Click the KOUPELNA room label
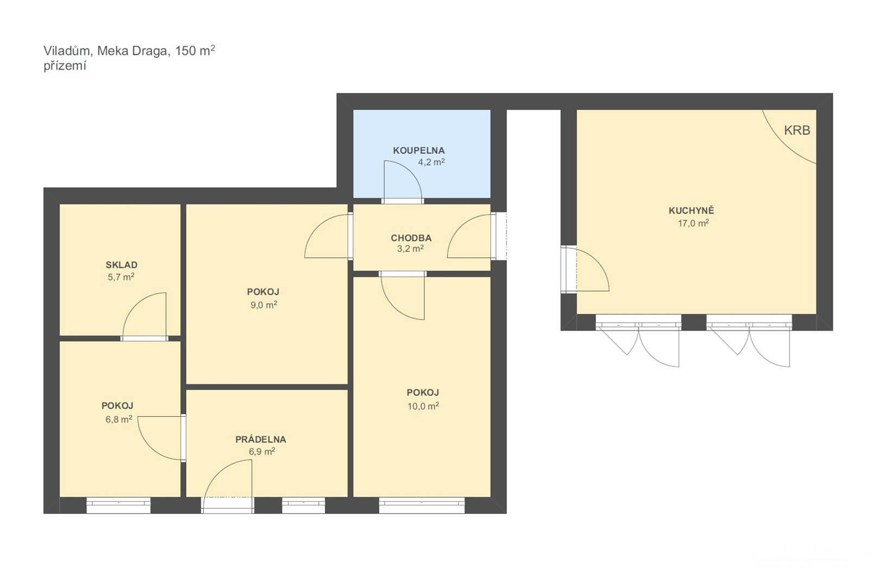click(419, 151)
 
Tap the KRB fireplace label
click(797, 130)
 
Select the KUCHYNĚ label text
click(692, 211)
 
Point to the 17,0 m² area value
click(693, 223)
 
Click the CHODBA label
click(411, 238)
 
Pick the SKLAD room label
click(121, 265)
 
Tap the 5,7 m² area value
click(121, 277)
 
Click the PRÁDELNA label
click(261, 439)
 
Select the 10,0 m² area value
click(423, 406)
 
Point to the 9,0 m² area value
click(263, 305)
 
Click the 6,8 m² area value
click(118, 420)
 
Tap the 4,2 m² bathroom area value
click(431, 162)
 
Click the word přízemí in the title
click(65, 66)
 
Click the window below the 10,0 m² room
click(422, 505)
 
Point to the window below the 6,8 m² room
click(118, 505)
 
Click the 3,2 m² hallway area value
click(411, 249)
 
